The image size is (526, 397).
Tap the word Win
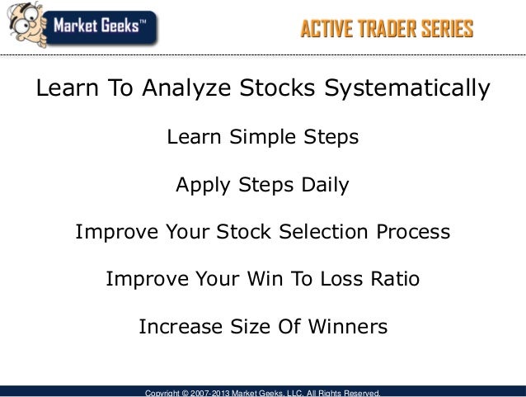(264, 280)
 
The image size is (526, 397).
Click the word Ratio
(394, 280)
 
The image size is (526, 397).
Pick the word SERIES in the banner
(445, 31)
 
